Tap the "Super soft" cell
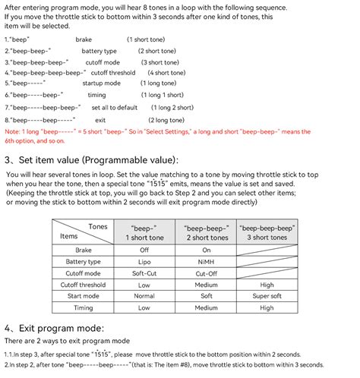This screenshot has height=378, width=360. point(267,296)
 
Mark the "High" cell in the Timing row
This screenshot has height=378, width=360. point(267,308)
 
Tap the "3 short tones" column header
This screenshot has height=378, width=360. point(267,237)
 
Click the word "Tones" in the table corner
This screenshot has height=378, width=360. point(98,226)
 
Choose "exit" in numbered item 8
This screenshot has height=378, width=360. point(100,120)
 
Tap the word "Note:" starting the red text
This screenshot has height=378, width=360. point(13,131)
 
